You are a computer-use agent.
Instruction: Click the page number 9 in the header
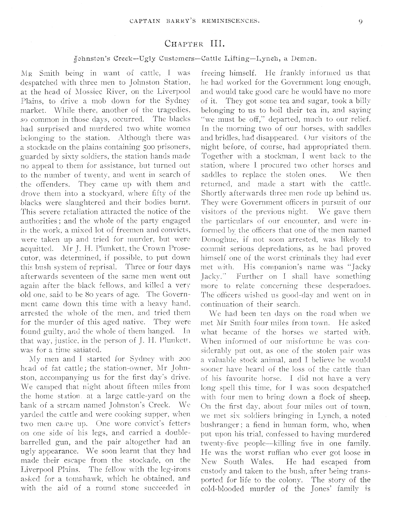(360, 22)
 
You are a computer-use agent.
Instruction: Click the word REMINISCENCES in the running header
(234, 22)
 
